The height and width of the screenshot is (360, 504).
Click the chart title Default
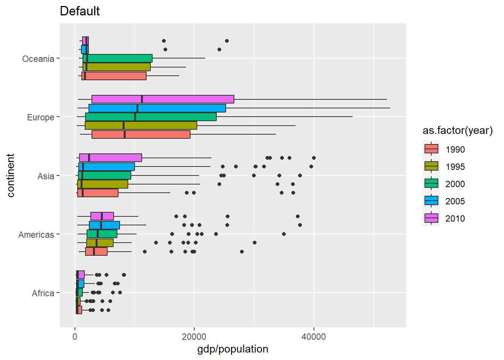pos(79,11)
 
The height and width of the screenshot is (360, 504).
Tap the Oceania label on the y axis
pos(38,59)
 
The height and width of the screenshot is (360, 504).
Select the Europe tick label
pos(40,117)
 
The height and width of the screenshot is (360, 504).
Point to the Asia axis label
pos(46,176)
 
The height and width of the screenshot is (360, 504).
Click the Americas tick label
pos(36,235)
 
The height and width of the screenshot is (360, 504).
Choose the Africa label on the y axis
pos(43,293)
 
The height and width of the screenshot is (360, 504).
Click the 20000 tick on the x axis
pos(194,337)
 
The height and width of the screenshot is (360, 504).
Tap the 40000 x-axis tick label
pos(313,337)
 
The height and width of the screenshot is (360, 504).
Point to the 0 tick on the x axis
pos(75,337)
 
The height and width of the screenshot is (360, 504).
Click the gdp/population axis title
pos(232,349)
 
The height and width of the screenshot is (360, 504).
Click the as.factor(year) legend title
pos(457,130)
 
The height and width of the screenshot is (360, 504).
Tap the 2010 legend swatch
pos(431,218)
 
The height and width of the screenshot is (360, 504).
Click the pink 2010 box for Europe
pos(163,99)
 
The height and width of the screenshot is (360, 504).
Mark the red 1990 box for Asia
pos(98,193)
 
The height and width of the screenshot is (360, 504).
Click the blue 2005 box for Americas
pos(104,225)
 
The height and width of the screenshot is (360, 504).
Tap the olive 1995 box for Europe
pos(141,126)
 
